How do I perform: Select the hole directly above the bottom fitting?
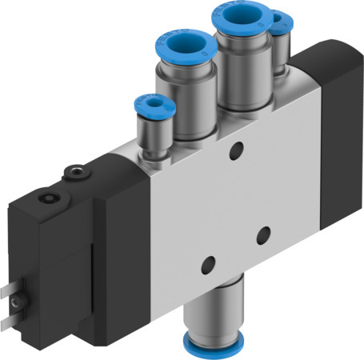tap(208, 263)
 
